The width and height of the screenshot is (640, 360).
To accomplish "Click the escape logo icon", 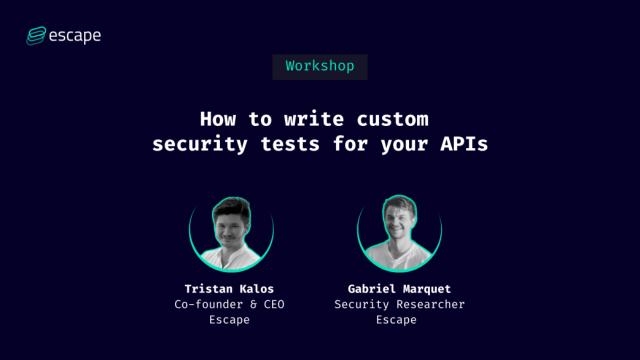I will pos(36,36).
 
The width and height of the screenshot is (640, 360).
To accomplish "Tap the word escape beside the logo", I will pos(75,36).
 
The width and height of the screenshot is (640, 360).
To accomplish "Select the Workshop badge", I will pos(320,66).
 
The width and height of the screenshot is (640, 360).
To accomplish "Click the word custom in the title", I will pos(392,119).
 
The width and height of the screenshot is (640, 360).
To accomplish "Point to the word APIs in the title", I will pos(463,144).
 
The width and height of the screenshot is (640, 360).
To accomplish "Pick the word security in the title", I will pos(200,144).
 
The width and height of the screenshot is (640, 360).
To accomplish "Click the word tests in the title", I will pos(290,144).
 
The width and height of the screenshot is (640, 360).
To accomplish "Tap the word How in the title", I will pos(217,119).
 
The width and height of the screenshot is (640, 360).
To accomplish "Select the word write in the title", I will pos(314,119).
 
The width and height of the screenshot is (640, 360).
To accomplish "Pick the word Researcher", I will pos(431,304).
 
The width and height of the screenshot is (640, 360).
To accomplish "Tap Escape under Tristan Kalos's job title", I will pos(229,320).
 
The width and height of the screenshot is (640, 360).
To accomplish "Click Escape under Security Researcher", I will pos(396,320).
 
